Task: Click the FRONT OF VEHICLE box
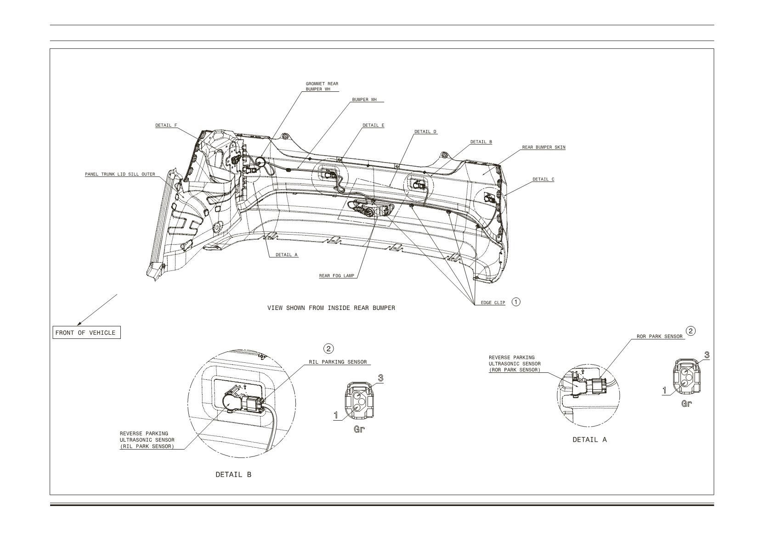click(87, 333)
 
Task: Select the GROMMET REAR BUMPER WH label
click(322, 86)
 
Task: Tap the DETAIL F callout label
click(166, 125)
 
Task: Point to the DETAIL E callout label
click(373, 125)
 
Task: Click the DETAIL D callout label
click(425, 132)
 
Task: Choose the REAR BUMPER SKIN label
click(543, 147)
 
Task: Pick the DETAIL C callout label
click(543, 180)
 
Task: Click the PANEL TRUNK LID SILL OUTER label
click(120, 174)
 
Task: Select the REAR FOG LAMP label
click(337, 276)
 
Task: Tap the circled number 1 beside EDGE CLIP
click(516, 302)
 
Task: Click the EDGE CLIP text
click(493, 303)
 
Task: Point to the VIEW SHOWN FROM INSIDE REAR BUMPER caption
click(331, 308)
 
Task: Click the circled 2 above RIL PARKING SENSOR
click(328, 349)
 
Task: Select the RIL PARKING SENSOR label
click(338, 362)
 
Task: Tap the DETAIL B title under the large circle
click(233, 474)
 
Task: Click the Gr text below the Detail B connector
click(359, 429)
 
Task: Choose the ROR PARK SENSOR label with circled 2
click(660, 337)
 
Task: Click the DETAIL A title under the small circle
click(590, 440)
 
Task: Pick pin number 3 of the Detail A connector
click(707, 355)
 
